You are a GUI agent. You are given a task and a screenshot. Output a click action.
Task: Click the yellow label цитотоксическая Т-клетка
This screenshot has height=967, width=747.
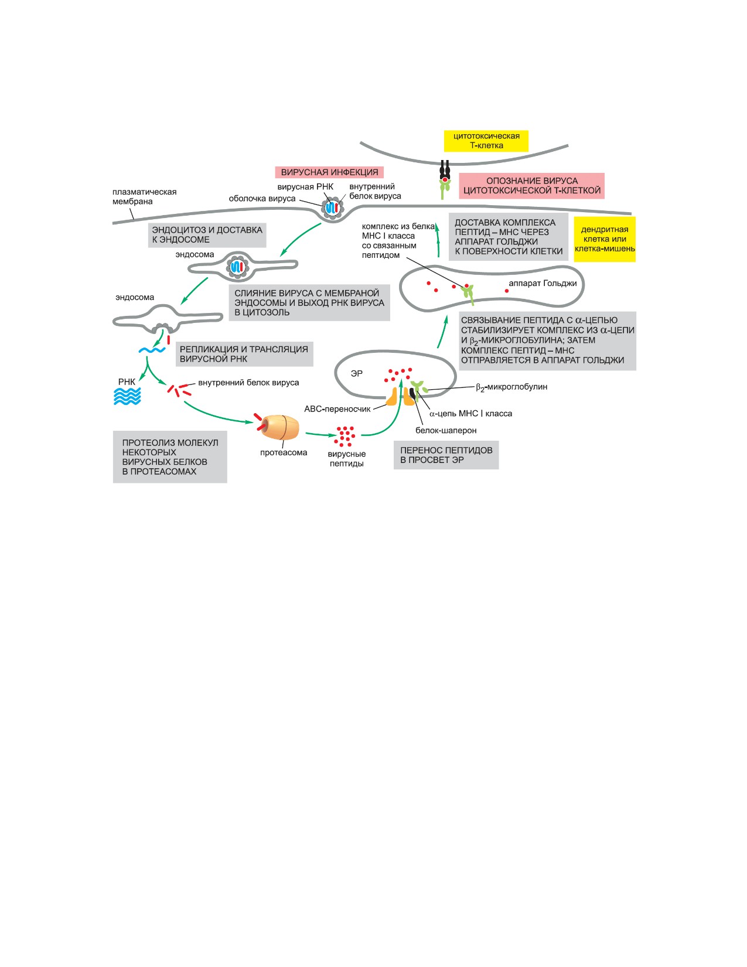point(486,141)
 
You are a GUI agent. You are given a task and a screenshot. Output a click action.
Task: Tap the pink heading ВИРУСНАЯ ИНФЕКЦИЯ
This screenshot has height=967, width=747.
point(329,172)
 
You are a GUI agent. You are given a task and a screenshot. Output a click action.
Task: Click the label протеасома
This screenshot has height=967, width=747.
point(284,452)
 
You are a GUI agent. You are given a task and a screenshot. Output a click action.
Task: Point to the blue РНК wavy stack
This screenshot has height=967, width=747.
point(127,396)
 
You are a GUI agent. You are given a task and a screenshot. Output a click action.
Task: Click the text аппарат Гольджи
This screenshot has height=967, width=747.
point(543,284)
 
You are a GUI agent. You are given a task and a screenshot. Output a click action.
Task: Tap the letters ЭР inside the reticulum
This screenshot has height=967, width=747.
point(356,373)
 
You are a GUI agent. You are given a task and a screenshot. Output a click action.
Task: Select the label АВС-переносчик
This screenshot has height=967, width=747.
point(337,409)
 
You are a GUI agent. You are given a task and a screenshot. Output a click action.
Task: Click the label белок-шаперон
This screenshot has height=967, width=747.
point(446,430)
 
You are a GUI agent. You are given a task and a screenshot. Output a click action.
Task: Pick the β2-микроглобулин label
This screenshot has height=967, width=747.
point(511,387)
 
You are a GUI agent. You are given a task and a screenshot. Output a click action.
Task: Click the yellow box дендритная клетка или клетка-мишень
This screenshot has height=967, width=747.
point(605,239)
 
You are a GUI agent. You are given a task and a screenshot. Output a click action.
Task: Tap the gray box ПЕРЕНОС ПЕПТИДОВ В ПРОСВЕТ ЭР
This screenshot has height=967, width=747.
point(446,455)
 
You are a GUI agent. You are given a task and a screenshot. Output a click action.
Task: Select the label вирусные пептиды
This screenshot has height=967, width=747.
point(347,459)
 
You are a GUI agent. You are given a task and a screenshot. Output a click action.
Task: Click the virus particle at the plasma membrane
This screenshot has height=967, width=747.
point(333,208)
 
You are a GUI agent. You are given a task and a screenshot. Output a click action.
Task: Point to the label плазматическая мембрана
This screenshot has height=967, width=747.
point(144,197)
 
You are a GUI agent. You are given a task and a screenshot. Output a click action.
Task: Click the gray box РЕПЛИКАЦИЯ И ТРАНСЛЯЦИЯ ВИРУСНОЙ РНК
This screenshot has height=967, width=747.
point(244,354)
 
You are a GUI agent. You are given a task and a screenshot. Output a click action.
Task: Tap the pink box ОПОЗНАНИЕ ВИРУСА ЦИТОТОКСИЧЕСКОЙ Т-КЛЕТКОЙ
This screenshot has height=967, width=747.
point(531,186)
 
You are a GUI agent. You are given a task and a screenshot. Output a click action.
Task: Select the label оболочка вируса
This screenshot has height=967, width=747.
point(262,199)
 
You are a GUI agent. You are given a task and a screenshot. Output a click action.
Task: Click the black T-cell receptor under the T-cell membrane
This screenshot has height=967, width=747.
point(445,169)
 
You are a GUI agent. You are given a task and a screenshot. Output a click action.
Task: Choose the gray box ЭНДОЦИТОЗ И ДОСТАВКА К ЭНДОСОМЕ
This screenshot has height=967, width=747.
point(207,235)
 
